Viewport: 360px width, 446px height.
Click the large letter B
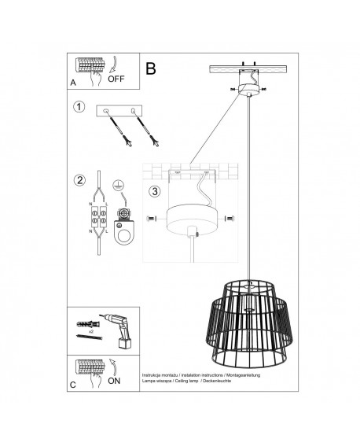(x=151, y=68)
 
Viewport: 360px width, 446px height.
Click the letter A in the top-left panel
(x=73, y=82)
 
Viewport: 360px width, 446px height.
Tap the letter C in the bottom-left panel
(x=73, y=385)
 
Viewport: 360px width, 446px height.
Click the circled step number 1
(x=78, y=108)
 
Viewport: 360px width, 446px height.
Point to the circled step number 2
(x=78, y=180)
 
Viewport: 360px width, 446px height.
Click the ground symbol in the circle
(x=121, y=184)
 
